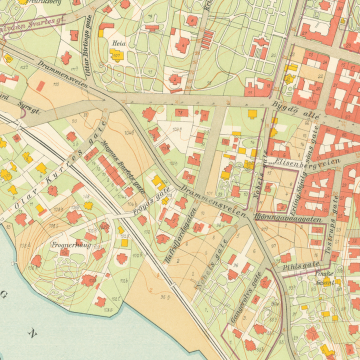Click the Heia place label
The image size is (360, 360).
119,43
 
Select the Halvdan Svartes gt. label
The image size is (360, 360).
40,21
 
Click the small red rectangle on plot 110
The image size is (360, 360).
40,86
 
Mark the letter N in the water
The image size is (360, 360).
32,334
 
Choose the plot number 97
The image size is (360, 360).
273,246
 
